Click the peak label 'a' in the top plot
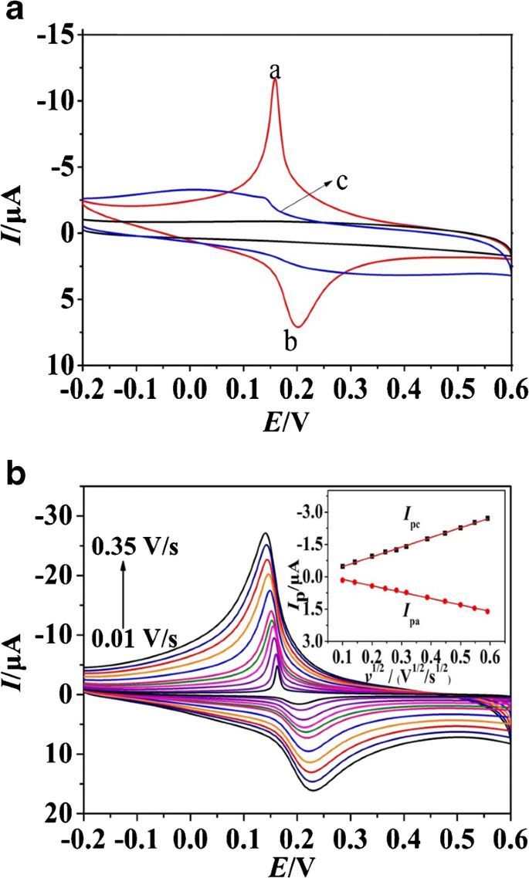(x=274, y=71)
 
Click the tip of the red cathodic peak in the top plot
(x=275, y=80)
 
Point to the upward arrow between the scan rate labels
(x=123, y=594)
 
